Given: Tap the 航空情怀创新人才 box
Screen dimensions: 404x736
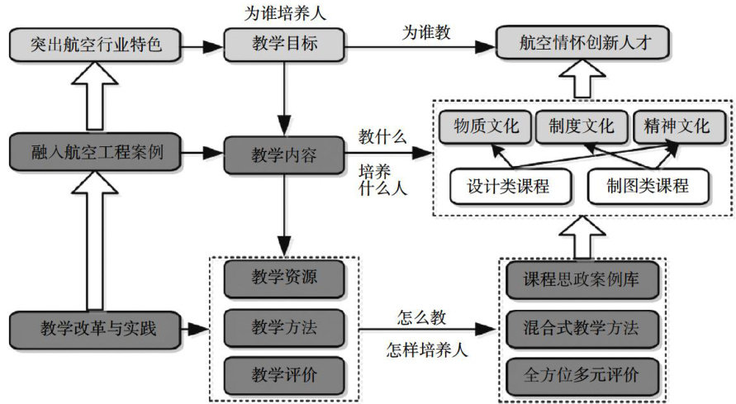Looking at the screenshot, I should click(582, 44).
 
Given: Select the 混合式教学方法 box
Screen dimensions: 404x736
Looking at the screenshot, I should click(582, 327).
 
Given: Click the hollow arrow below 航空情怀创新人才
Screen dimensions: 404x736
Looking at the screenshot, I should click(582, 81).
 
